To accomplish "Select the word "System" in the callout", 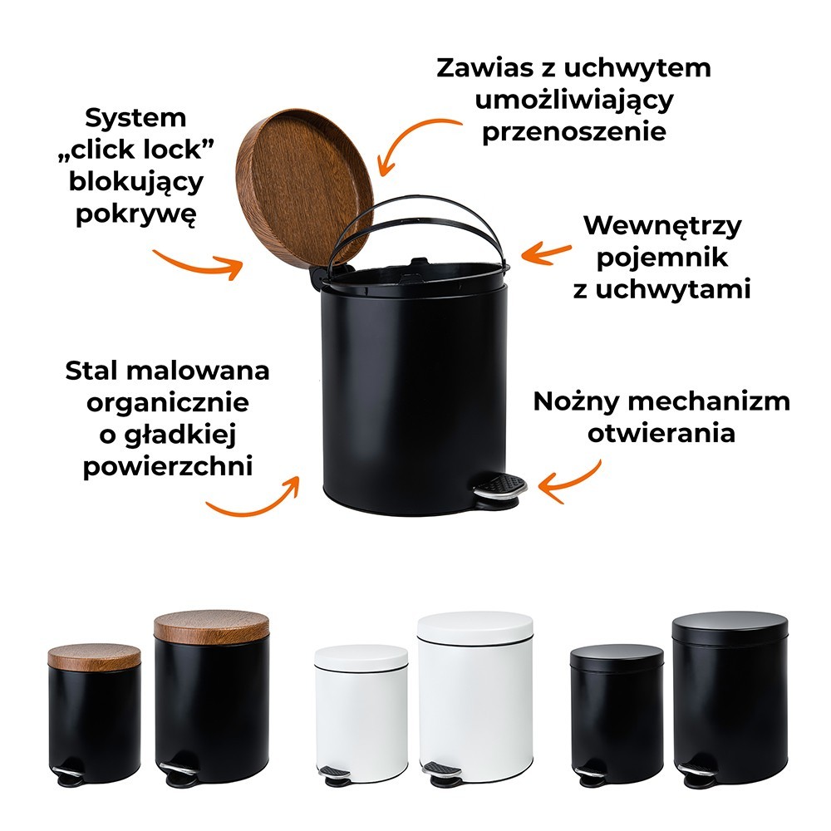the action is (x=135, y=118).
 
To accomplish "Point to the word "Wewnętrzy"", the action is (x=662, y=226).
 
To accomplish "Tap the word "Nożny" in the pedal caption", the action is (x=576, y=401).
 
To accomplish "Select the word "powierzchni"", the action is (x=168, y=467).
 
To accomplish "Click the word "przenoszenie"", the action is (x=574, y=132).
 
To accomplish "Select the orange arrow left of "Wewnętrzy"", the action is (x=546, y=253).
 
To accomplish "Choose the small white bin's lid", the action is (x=361, y=656).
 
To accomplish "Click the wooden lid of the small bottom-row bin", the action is (x=95, y=657).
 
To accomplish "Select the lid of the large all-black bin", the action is (x=730, y=627).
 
